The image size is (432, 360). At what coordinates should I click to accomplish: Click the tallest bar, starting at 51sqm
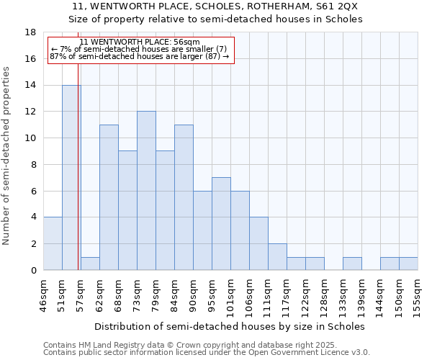pyautogui.click(x=71, y=177)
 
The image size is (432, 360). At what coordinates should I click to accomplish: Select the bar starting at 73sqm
pyautogui.click(x=146, y=191)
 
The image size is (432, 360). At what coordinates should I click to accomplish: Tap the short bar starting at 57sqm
pyautogui.click(x=90, y=264)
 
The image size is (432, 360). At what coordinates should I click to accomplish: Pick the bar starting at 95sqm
pyautogui.click(x=221, y=224)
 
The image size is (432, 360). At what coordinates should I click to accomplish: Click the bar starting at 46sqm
pyautogui.click(x=53, y=243)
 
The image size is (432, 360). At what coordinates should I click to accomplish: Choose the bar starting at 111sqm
pyautogui.click(x=277, y=257)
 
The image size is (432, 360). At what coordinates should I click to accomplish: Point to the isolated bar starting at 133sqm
pyautogui.click(x=352, y=264)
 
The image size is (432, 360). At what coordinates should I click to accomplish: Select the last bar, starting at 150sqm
pyautogui.click(x=408, y=264)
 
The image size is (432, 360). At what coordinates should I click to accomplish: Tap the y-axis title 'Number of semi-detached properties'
pyautogui.click(x=7, y=156)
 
